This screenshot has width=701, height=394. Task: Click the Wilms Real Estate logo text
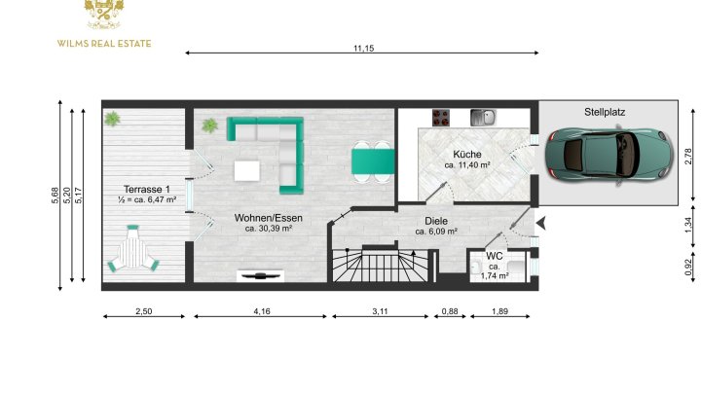click(x=104, y=44)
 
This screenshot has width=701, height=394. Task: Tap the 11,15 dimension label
click(x=363, y=48)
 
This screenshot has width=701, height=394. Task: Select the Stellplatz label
click(x=605, y=112)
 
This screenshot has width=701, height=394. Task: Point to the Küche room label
click(x=467, y=154)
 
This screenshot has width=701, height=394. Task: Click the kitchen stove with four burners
click(x=441, y=118)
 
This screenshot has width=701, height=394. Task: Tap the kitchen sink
click(x=483, y=118)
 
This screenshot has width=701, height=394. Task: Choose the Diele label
click(x=436, y=221)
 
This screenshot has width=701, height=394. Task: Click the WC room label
click(x=495, y=256)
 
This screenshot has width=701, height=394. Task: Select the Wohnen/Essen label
click(x=269, y=218)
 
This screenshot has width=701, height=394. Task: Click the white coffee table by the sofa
click(x=246, y=170)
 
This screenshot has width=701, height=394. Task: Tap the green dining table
click(x=373, y=161)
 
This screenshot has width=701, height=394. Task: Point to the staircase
click(x=380, y=265)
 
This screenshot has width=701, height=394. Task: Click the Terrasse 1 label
click(x=147, y=190)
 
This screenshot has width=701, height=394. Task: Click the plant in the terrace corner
click(x=112, y=119)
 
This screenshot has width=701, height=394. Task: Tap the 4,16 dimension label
click(x=262, y=311)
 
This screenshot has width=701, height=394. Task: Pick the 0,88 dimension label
click(x=450, y=311)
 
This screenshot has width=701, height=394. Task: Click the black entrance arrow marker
click(x=541, y=224)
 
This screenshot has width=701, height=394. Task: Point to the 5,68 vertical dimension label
click(x=55, y=196)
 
